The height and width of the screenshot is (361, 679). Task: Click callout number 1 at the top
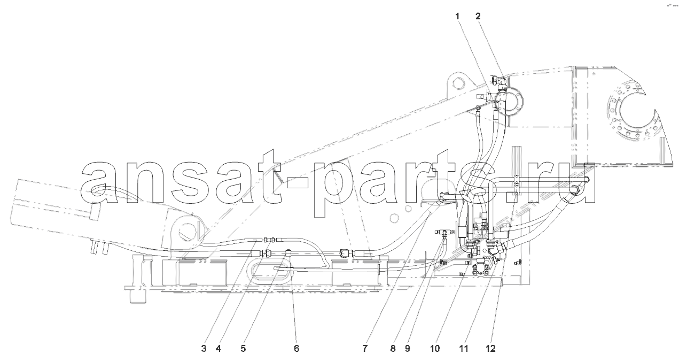click(x=458, y=17)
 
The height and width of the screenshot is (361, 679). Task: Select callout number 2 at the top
click(x=478, y=17)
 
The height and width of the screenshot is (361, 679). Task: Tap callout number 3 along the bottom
click(x=204, y=349)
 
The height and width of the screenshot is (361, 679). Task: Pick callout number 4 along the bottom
click(x=218, y=349)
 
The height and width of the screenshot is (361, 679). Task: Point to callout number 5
click(x=243, y=349)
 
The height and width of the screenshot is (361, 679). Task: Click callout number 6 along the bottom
click(x=296, y=349)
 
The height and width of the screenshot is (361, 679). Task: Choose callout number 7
click(x=365, y=349)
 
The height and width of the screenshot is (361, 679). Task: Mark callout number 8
click(x=393, y=349)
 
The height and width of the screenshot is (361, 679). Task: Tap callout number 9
click(x=408, y=349)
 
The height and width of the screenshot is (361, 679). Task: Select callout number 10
click(x=435, y=349)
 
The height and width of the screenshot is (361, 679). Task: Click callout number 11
click(x=464, y=349)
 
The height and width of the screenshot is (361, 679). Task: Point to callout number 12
click(x=490, y=349)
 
